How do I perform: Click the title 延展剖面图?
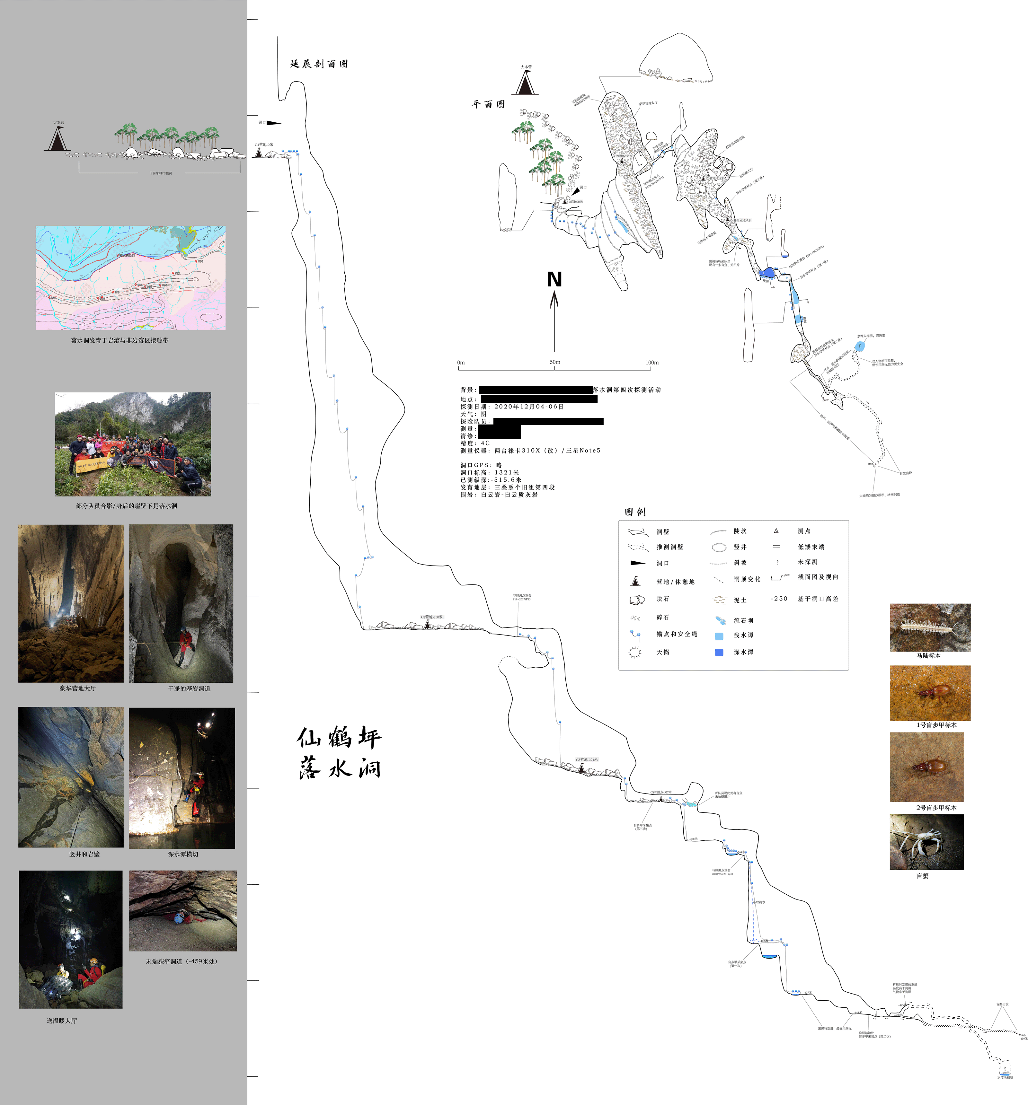(319, 64)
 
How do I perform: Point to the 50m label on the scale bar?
(555, 362)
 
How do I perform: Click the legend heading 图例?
(634, 512)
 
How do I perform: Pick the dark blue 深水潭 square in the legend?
(719, 652)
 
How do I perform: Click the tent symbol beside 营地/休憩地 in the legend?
(635, 582)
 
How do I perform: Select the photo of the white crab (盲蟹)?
(926, 842)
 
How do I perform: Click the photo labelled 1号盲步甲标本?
(930, 693)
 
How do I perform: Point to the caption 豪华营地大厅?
(78, 688)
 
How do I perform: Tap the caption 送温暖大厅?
(62, 1021)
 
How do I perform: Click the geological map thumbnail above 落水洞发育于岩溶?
(131, 277)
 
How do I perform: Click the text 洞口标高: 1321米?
(489, 472)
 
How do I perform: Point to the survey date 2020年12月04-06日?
(528, 406)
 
